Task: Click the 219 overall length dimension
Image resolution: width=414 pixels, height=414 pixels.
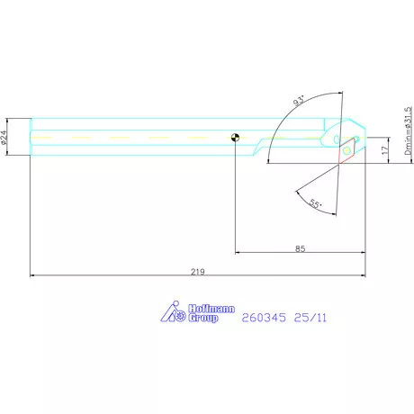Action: tap(198, 272)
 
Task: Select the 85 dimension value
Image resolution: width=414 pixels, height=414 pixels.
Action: tap(300, 248)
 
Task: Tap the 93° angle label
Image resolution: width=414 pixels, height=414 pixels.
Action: tap(299, 101)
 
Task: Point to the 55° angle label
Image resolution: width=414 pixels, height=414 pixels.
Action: tap(315, 204)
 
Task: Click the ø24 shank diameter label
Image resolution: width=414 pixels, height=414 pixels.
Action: tap(4, 138)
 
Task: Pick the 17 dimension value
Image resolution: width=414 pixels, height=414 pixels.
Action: tap(385, 150)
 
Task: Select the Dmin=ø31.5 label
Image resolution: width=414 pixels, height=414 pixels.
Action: tap(409, 130)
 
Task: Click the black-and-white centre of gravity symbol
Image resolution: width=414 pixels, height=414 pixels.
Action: tap(236, 138)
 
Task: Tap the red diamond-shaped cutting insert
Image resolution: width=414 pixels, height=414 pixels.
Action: tap(346, 151)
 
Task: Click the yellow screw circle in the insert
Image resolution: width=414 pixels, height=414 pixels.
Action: tap(346, 149)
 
